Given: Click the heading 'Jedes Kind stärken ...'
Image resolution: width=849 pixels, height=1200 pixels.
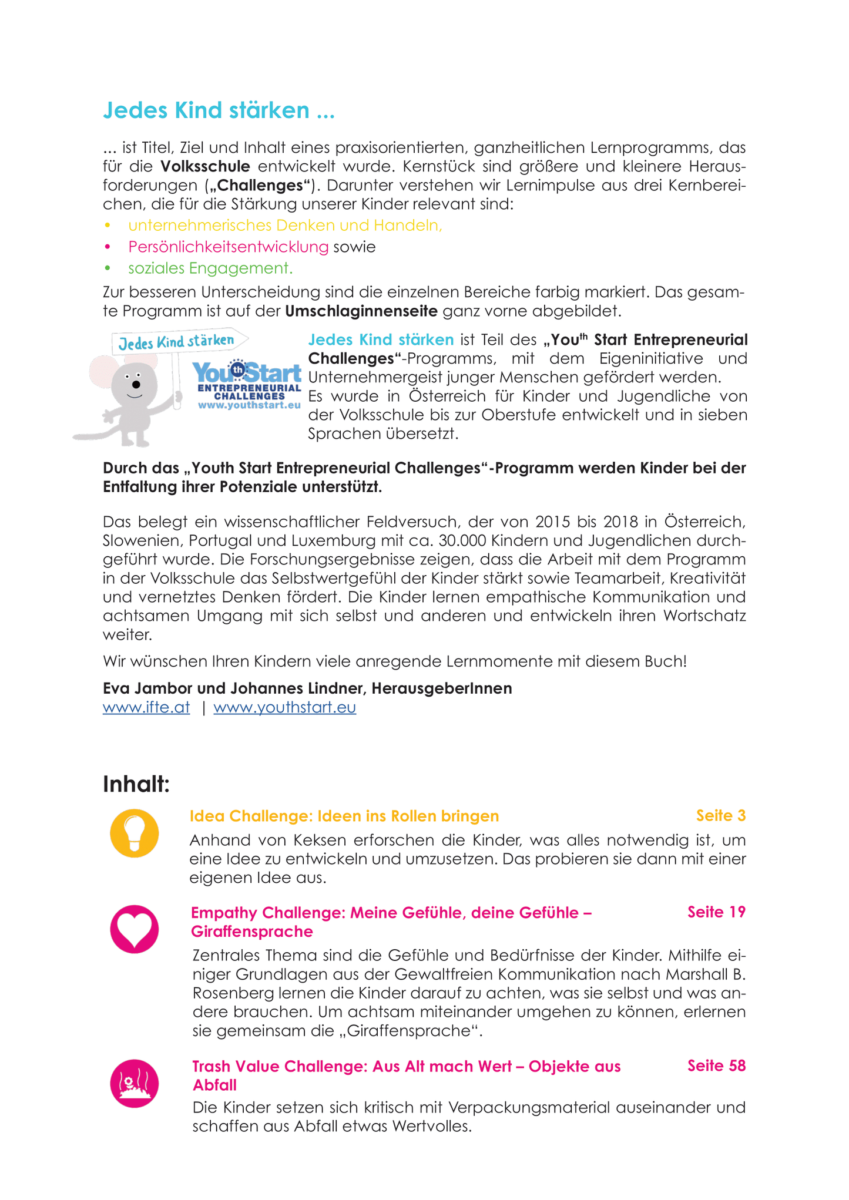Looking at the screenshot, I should [219, 110].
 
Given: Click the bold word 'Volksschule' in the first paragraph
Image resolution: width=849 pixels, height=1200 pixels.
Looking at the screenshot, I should [205, 166].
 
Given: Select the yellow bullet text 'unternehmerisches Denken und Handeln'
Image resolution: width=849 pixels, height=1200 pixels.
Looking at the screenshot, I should [285, 226].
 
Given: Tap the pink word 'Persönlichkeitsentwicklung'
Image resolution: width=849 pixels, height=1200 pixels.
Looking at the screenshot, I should [228, 247].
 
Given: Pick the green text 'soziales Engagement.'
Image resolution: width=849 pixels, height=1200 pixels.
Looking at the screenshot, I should [210, 268].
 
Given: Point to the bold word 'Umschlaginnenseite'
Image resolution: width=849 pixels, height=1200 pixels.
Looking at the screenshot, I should [361, 311].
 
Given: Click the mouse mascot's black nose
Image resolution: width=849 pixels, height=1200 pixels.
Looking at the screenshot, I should [136, 385].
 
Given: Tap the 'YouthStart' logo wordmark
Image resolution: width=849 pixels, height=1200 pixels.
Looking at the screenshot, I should [247, 372].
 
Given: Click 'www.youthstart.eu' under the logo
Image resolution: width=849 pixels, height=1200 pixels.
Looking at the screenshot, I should [249, 405].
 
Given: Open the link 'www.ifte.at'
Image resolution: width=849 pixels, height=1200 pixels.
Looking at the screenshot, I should [146, 707].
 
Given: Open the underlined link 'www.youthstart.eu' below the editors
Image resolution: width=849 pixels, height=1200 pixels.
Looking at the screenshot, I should [284, 707].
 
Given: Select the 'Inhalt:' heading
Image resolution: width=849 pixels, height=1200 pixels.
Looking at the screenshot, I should [136, 784].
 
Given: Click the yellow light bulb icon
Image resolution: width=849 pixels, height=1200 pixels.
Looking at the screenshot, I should [135, 833].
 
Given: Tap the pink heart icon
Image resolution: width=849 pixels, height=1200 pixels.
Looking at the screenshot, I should [135, 929].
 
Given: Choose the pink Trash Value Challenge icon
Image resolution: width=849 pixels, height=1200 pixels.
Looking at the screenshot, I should [135, 1083].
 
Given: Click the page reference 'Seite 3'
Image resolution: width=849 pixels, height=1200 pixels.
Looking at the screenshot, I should [720, 816].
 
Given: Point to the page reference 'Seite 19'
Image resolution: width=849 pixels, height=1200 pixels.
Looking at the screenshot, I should [716, 912].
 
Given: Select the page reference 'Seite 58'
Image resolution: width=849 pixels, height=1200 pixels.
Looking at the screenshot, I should [716, 1065].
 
